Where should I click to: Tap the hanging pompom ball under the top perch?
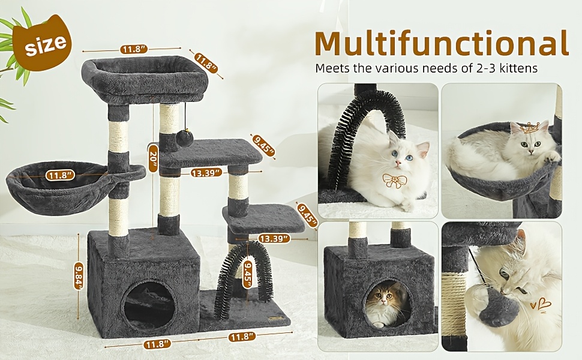pos(184,139)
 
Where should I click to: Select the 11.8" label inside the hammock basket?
pos(60,175)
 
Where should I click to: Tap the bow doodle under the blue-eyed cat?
pos(395,180)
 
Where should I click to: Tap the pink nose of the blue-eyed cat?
pos(398,163)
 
